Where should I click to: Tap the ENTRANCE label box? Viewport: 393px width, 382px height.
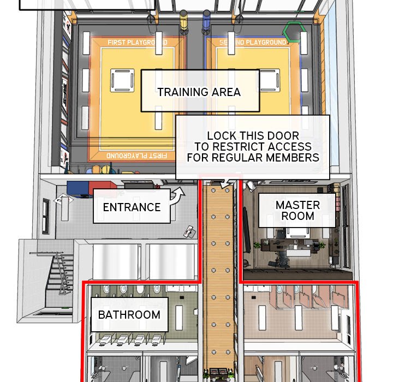[x=132, y=206]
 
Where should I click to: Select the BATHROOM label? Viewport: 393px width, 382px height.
[x=129, y=314]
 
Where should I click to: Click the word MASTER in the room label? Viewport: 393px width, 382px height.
[x=298, y=205]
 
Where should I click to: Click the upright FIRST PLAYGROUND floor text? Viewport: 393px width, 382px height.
[x=138, y=42]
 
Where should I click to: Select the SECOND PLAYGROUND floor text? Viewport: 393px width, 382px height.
[x=253, y=42]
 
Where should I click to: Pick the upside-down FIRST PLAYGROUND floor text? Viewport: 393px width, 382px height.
[x=137, y=156]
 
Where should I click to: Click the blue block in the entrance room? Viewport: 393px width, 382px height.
[x=78, y=188]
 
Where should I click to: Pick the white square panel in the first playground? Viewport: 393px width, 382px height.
[x=122, y=80]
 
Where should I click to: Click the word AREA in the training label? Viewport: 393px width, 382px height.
[x=226, y=92]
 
